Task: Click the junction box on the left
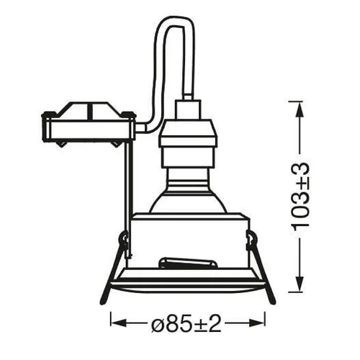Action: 89,125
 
